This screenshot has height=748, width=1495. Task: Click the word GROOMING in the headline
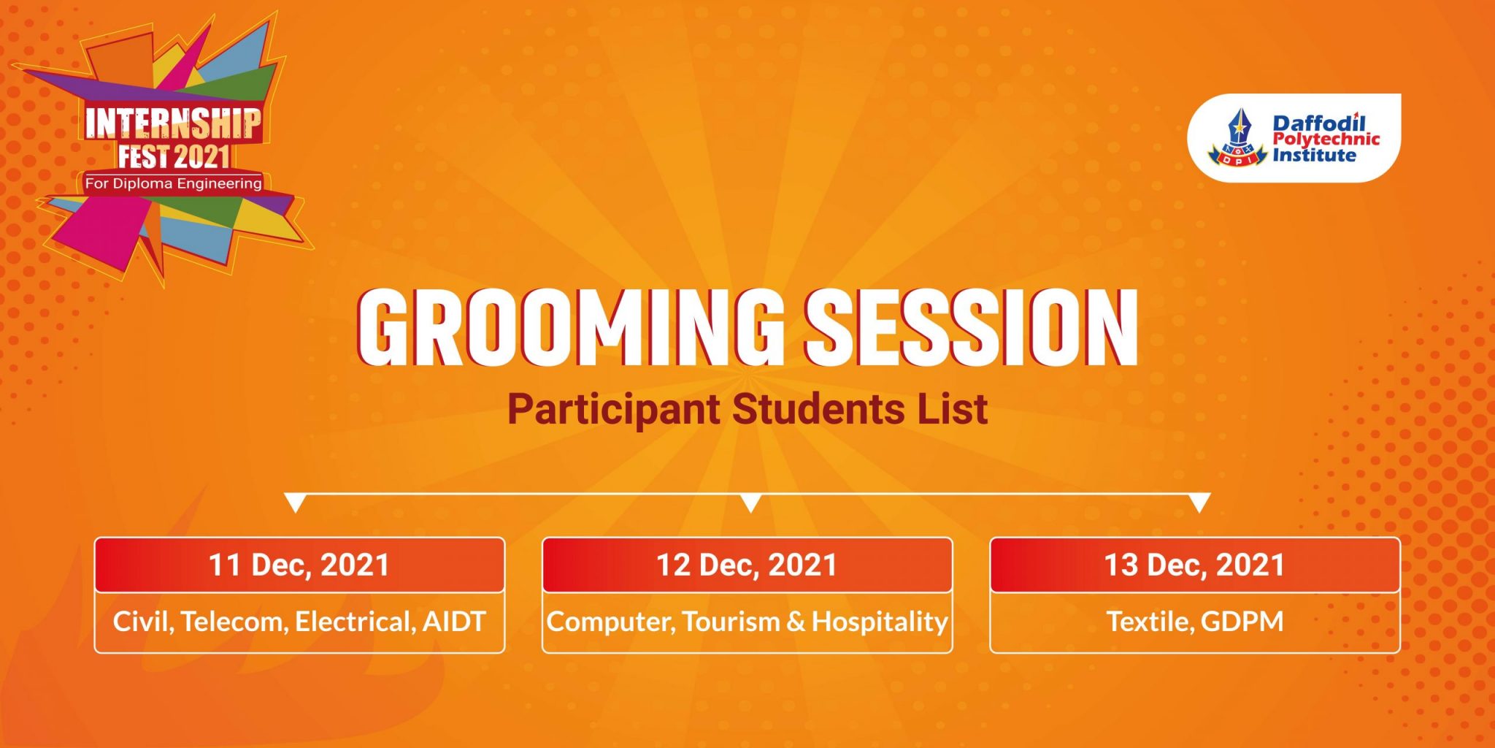(x=569, y=327)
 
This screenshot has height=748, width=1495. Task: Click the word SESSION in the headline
(x=971, y=327)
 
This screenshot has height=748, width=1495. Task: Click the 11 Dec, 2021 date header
(x=299, y=565)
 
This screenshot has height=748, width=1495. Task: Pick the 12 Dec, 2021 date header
(x=747, y=565)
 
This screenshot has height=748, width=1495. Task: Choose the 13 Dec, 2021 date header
(x=1194, y=565)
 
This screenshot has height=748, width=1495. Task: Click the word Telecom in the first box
(x=234, y=622)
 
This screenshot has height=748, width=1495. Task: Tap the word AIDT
(x=454, y=622)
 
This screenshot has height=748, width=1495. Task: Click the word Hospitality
(x=880, y=622)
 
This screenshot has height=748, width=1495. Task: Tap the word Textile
(x=1150, y=622)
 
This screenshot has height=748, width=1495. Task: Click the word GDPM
(x=1242, y=622)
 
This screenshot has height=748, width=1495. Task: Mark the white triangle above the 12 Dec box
(x=750, y=502)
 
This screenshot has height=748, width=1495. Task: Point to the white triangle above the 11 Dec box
(x=295, y=502)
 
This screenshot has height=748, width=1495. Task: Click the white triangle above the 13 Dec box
(x=1199, y=502)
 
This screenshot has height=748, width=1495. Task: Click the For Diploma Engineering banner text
(x=173, y=183)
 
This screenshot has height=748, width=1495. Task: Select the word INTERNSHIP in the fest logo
(x=173, y=123)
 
